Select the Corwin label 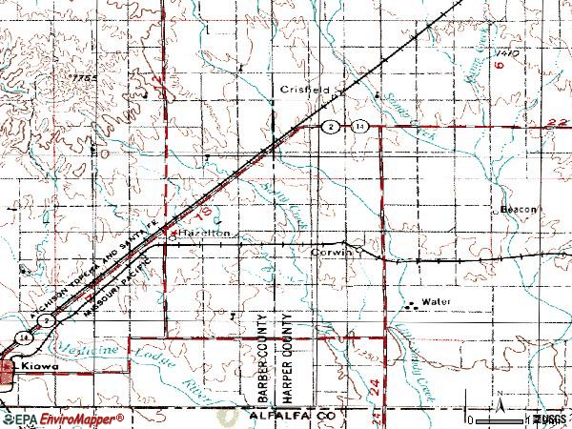(x=332, y=253)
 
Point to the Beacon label (x=520, y=208)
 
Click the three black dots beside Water (x=413, y=306)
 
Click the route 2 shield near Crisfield (x=329, y=126)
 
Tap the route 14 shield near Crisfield (x=358, y=126)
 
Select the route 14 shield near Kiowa (x=21, y=337)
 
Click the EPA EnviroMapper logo (x=63, y=419)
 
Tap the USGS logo (x=550, y=419)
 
